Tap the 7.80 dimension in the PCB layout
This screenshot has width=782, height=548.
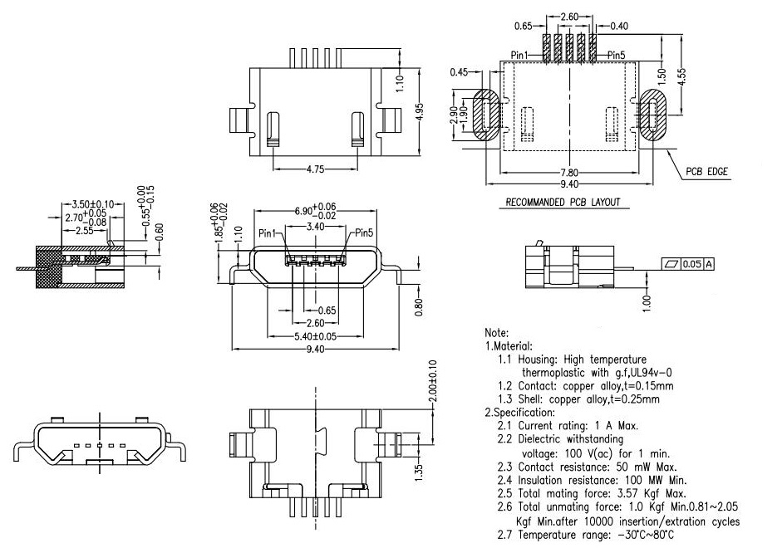[568, 173]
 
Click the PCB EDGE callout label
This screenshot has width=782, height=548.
[706, 172]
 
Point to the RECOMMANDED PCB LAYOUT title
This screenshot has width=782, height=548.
[563, 202]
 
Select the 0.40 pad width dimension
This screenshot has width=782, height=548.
[618, 27]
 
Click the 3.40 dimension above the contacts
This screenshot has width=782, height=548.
[315, 226]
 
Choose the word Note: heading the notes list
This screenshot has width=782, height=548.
[497, 333]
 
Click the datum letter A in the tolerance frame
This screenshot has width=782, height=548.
[709, 264]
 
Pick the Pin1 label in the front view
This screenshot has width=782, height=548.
[269, 233]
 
